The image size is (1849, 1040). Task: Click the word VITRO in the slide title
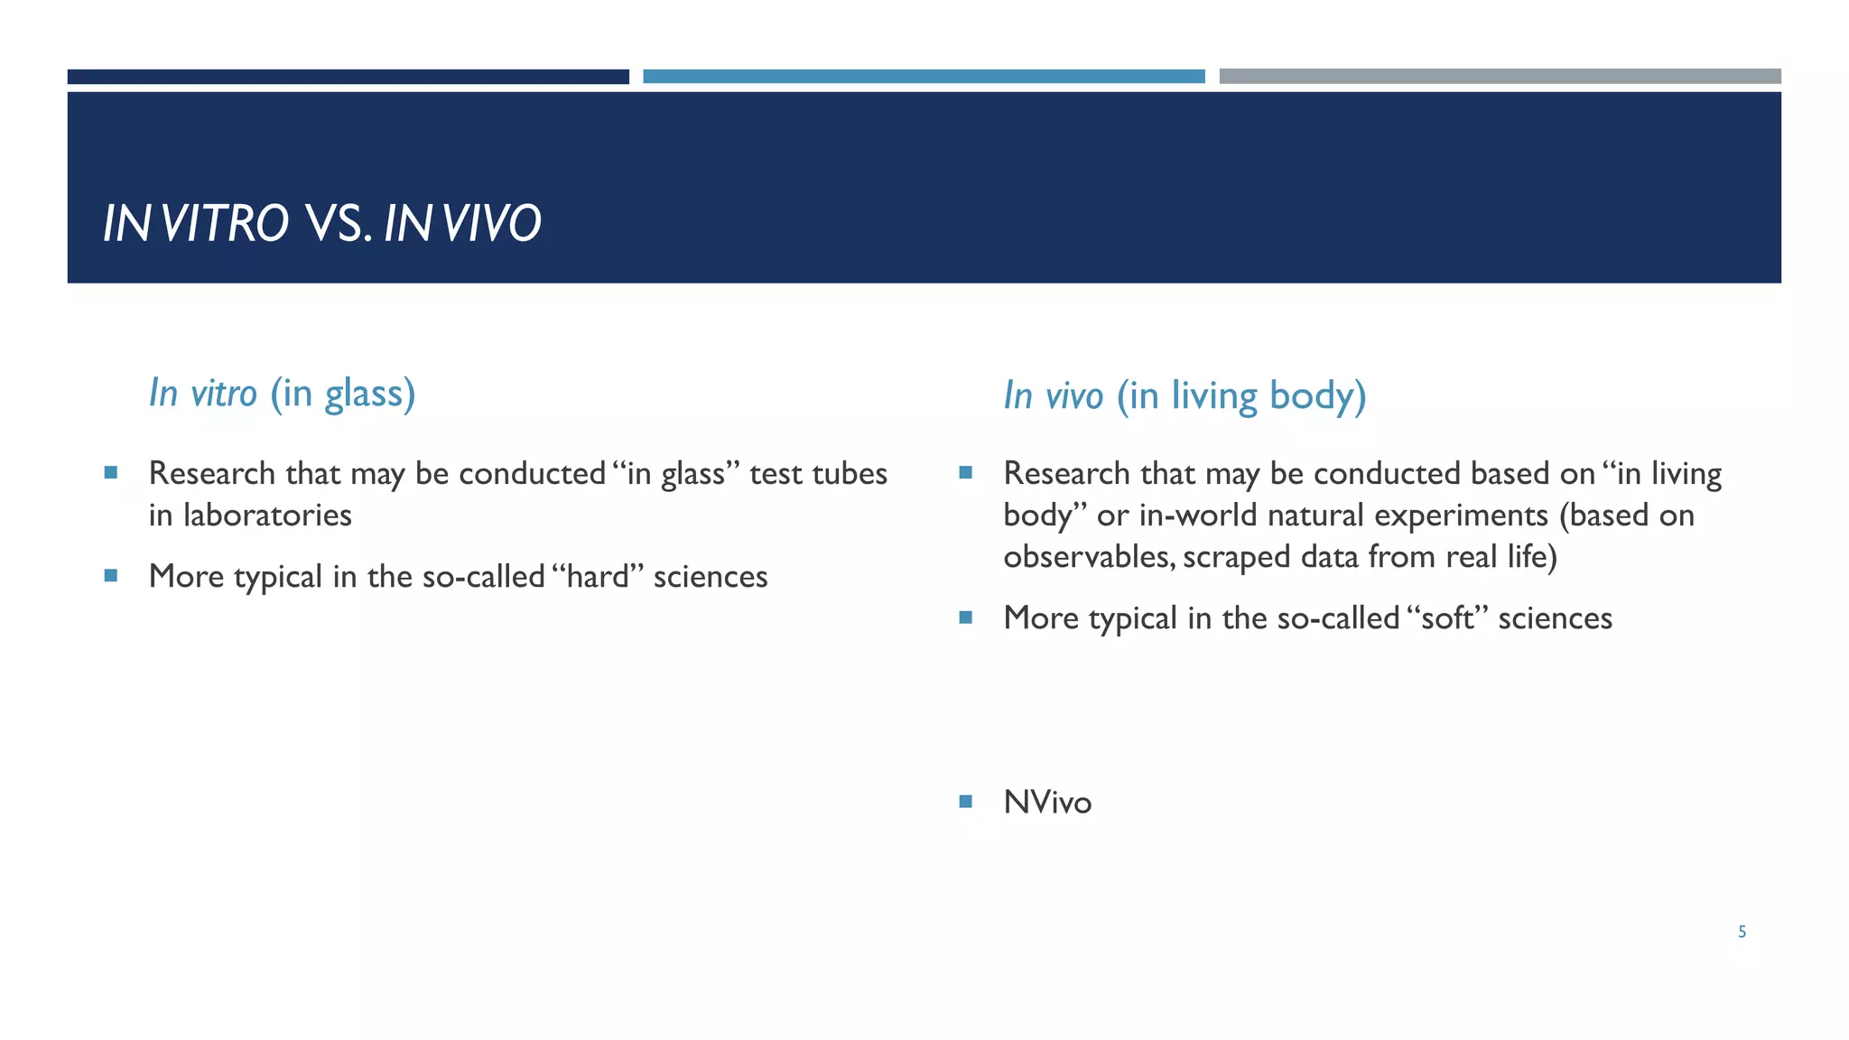click(x=226, y=223)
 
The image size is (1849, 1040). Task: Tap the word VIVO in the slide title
click(x=492, y=223)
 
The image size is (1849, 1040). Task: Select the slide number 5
click(x=1742, y=932)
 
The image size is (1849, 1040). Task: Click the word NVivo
click(x=1047, y=803)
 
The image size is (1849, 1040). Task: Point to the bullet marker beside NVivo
click(x=965, y=801)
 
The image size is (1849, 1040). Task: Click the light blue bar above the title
click(x=924, y=77)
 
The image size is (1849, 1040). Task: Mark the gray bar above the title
click(x=1500, y=77)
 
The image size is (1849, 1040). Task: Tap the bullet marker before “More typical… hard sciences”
click(x=110, y=575)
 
